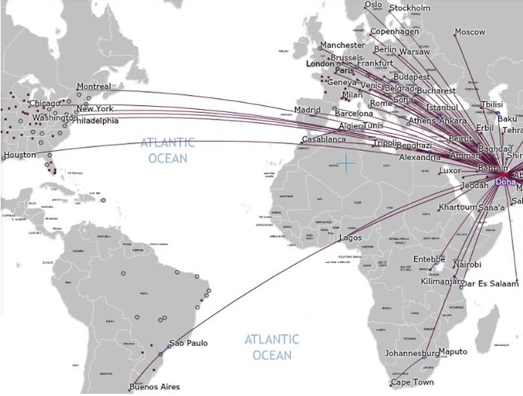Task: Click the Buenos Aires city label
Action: [154, 387]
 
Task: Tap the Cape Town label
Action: [412, 383]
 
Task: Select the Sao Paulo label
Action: [188, 344]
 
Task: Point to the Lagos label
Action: [350, 238]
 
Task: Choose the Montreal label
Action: [93, 87]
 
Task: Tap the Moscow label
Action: [470, 32]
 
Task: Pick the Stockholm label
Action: [410, 8]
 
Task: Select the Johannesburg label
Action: [412, 353]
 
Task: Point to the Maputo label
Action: [453, 351]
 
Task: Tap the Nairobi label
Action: [467, 264]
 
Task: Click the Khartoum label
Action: [458, 207]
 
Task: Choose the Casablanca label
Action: [324, 140]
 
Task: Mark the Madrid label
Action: [307, 110]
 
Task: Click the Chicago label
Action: [43, 103]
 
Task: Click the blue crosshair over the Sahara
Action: [347, 162]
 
